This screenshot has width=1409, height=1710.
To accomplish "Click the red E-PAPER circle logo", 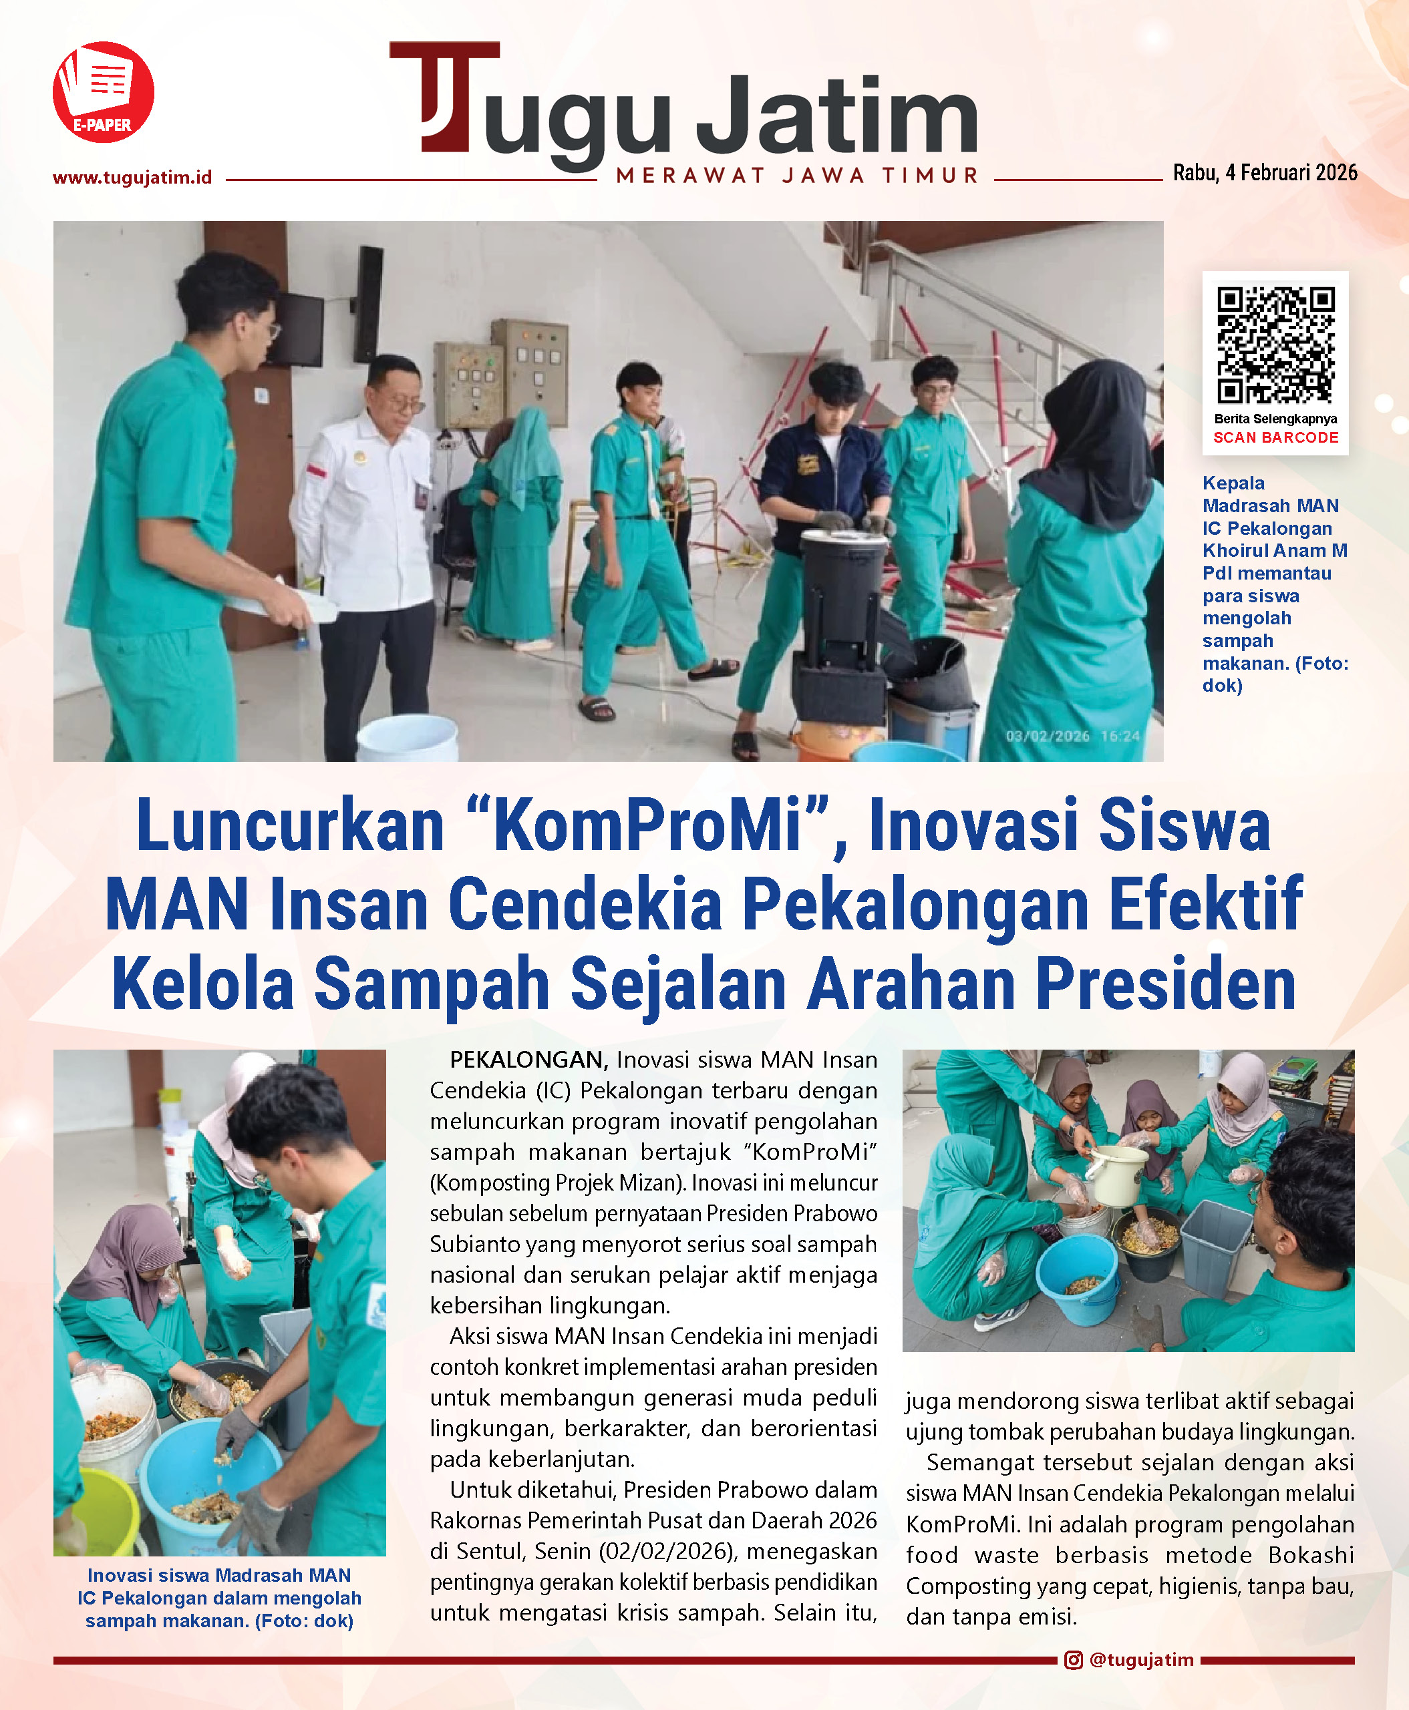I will (103, 92).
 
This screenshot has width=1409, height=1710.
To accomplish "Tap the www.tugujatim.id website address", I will (132, 178).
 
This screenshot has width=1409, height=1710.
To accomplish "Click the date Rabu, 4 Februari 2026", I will (1265, 173).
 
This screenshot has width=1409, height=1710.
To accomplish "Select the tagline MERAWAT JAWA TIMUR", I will (797, 175).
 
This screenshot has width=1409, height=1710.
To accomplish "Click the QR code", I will (1275, 345).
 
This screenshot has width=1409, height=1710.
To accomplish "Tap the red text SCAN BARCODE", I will (1275, 437).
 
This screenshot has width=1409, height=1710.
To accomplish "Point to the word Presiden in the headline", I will (1166, 984).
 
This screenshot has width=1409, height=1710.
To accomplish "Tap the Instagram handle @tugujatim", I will (1141, 1660).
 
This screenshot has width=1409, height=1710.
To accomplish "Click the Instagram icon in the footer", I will (1073, 1660).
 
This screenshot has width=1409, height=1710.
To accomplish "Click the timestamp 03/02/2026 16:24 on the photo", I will (1072, 736).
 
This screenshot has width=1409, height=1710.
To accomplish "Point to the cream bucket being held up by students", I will (1117, 1174).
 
